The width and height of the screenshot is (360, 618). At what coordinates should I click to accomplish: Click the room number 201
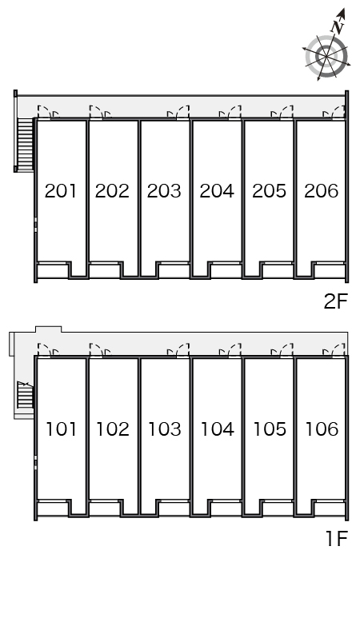click(x=60, y=191)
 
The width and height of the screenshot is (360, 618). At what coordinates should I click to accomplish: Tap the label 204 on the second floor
click(x=217, y=191)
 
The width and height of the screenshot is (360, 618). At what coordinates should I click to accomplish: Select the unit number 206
click(x=322, y=191)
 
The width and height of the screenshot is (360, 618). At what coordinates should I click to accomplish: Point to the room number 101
click(x=61, y=429)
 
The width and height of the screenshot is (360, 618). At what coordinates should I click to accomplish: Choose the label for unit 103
click(x=165, y=429)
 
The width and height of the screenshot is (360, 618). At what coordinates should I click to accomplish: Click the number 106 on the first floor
click(x=322, y=429)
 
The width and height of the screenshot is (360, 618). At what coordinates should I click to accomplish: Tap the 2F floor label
click(x=336, y=302)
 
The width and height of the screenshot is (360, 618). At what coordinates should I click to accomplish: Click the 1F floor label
click(x=337, y=538)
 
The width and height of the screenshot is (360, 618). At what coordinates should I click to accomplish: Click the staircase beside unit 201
click(x=26, y=144)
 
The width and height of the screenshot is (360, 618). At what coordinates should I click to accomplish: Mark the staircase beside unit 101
click(x=26, y=395)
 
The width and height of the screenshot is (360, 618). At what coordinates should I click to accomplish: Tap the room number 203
click(x=164, y=191)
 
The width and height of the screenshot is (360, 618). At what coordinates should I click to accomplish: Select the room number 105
click(x=270, y=429)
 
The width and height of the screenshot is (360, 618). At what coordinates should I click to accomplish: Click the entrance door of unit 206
click(x=334, y=112)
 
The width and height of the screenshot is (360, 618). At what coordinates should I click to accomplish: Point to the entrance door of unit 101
click(x=47, y=350)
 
